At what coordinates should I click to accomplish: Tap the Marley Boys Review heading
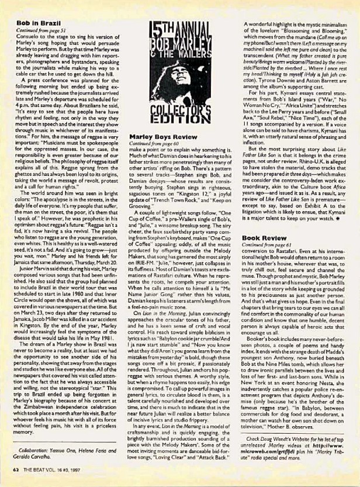156,136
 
